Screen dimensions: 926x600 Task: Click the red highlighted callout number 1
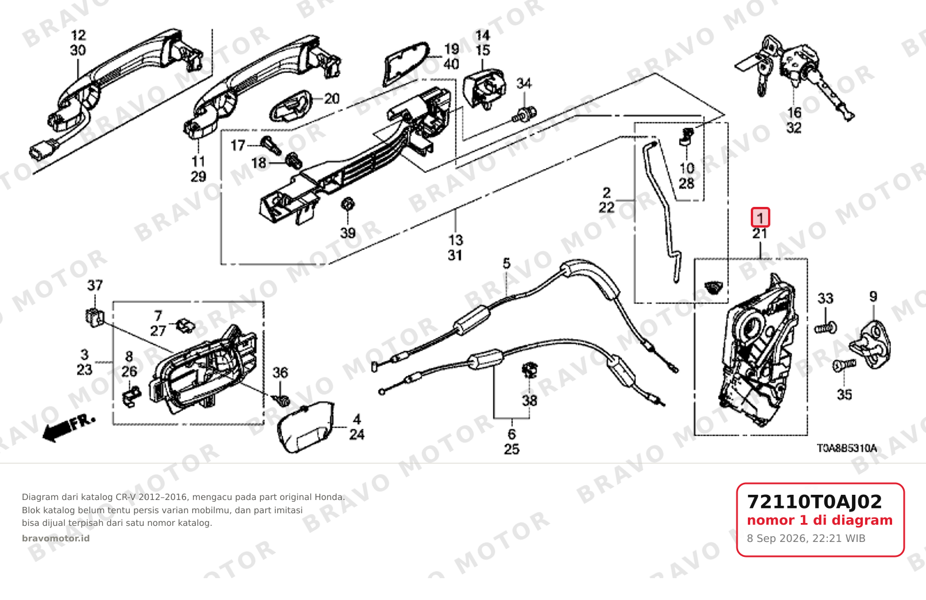(x=760, y=217)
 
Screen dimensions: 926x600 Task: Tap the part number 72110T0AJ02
(x=815, y=502)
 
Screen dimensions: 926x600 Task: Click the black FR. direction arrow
(x=68, y=428)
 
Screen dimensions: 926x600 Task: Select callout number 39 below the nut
(x=348, y=233)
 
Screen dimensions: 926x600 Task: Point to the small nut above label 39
(x=347, y=204)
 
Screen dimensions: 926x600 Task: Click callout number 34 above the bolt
(x=524, y=83)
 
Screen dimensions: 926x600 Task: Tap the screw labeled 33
(x=825, y=328)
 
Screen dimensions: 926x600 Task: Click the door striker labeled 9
(x=870, y=344)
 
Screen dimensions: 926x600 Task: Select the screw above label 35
(x=844, y=365)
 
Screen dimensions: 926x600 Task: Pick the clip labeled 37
(x=95, y=317)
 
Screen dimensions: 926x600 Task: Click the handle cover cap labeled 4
(x=306, y=427)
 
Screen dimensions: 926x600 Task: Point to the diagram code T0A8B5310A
(x=847, y=448)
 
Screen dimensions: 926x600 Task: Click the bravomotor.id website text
(x=56, y=539)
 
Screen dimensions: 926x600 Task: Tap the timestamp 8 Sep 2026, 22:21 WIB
(x=806, y=539)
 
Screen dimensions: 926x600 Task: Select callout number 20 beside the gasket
(x=331, y=99)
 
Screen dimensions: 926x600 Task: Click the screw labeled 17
(x=271, y=145)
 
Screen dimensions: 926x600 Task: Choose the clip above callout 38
(x=529, y=370)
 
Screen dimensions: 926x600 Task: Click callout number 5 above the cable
(x=507, y=263)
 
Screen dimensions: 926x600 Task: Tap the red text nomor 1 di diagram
(x=820, y=520)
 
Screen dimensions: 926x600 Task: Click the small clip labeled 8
(x=132, y=396)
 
